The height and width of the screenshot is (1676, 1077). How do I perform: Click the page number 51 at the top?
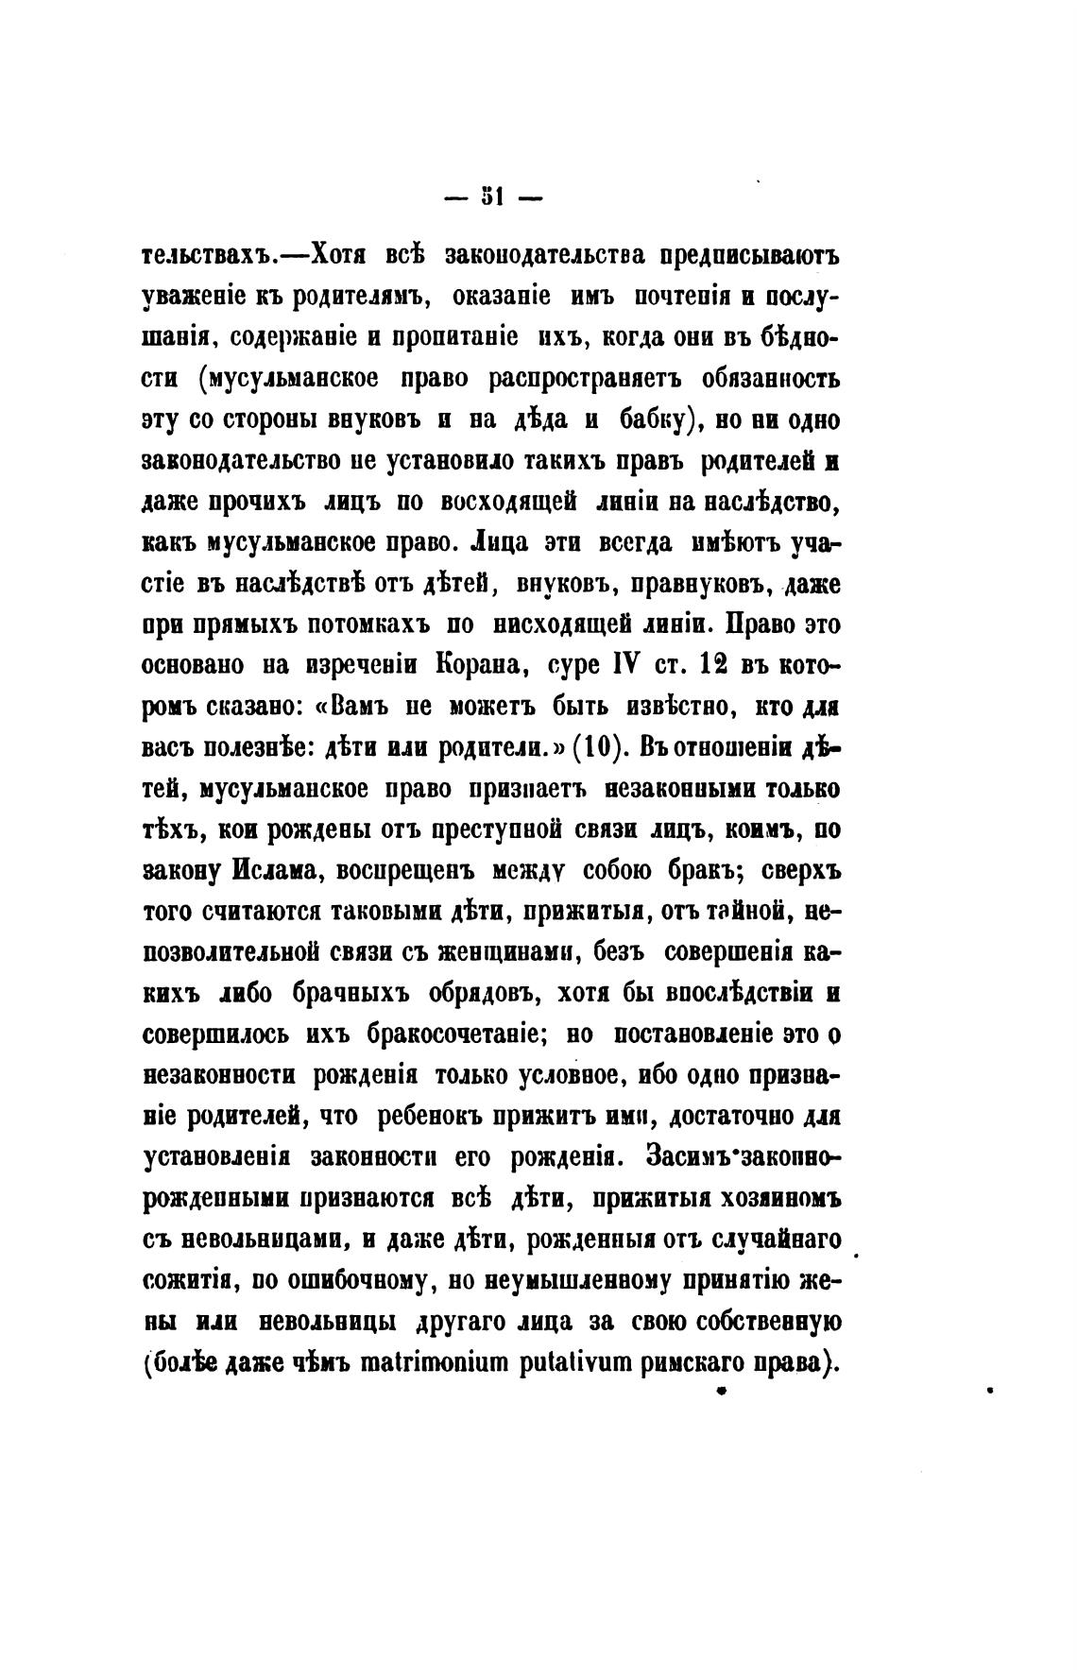pos(490,197)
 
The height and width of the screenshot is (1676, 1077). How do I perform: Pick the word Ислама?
pos(274,871)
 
